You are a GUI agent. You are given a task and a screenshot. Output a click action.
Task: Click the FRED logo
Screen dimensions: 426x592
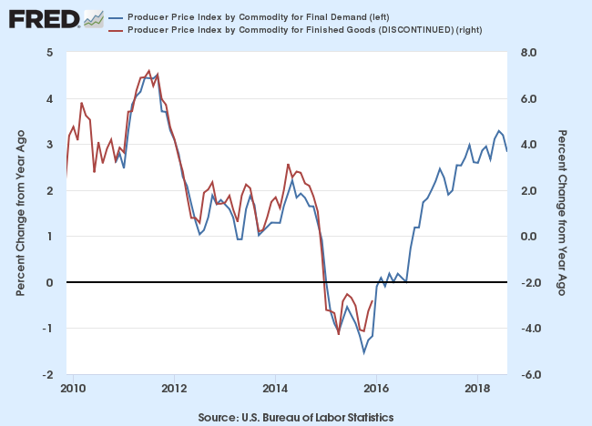click(x=44, y=18)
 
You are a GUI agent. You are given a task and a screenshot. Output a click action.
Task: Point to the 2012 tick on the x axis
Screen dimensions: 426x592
click(x=174, y=388)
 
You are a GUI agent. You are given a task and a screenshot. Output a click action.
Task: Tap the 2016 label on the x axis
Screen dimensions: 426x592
click(x=375, y=388)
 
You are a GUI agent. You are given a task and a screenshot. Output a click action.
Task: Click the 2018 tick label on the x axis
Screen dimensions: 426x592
click(x=476, y=388)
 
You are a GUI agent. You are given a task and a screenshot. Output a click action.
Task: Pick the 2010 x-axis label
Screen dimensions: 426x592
click(x=73, y=388)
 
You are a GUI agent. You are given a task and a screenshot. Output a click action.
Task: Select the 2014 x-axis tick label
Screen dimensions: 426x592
click(x=275, y=388)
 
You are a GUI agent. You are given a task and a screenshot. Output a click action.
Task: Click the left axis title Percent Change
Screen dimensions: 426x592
click(x=20, y=214)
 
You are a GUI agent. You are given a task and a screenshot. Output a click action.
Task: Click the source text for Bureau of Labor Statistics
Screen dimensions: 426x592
click(x=295, y=417)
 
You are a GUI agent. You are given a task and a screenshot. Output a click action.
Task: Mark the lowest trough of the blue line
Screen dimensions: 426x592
click(x=364, y=352)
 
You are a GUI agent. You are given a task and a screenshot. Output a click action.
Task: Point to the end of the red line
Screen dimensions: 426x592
click(x=372, y=301)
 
